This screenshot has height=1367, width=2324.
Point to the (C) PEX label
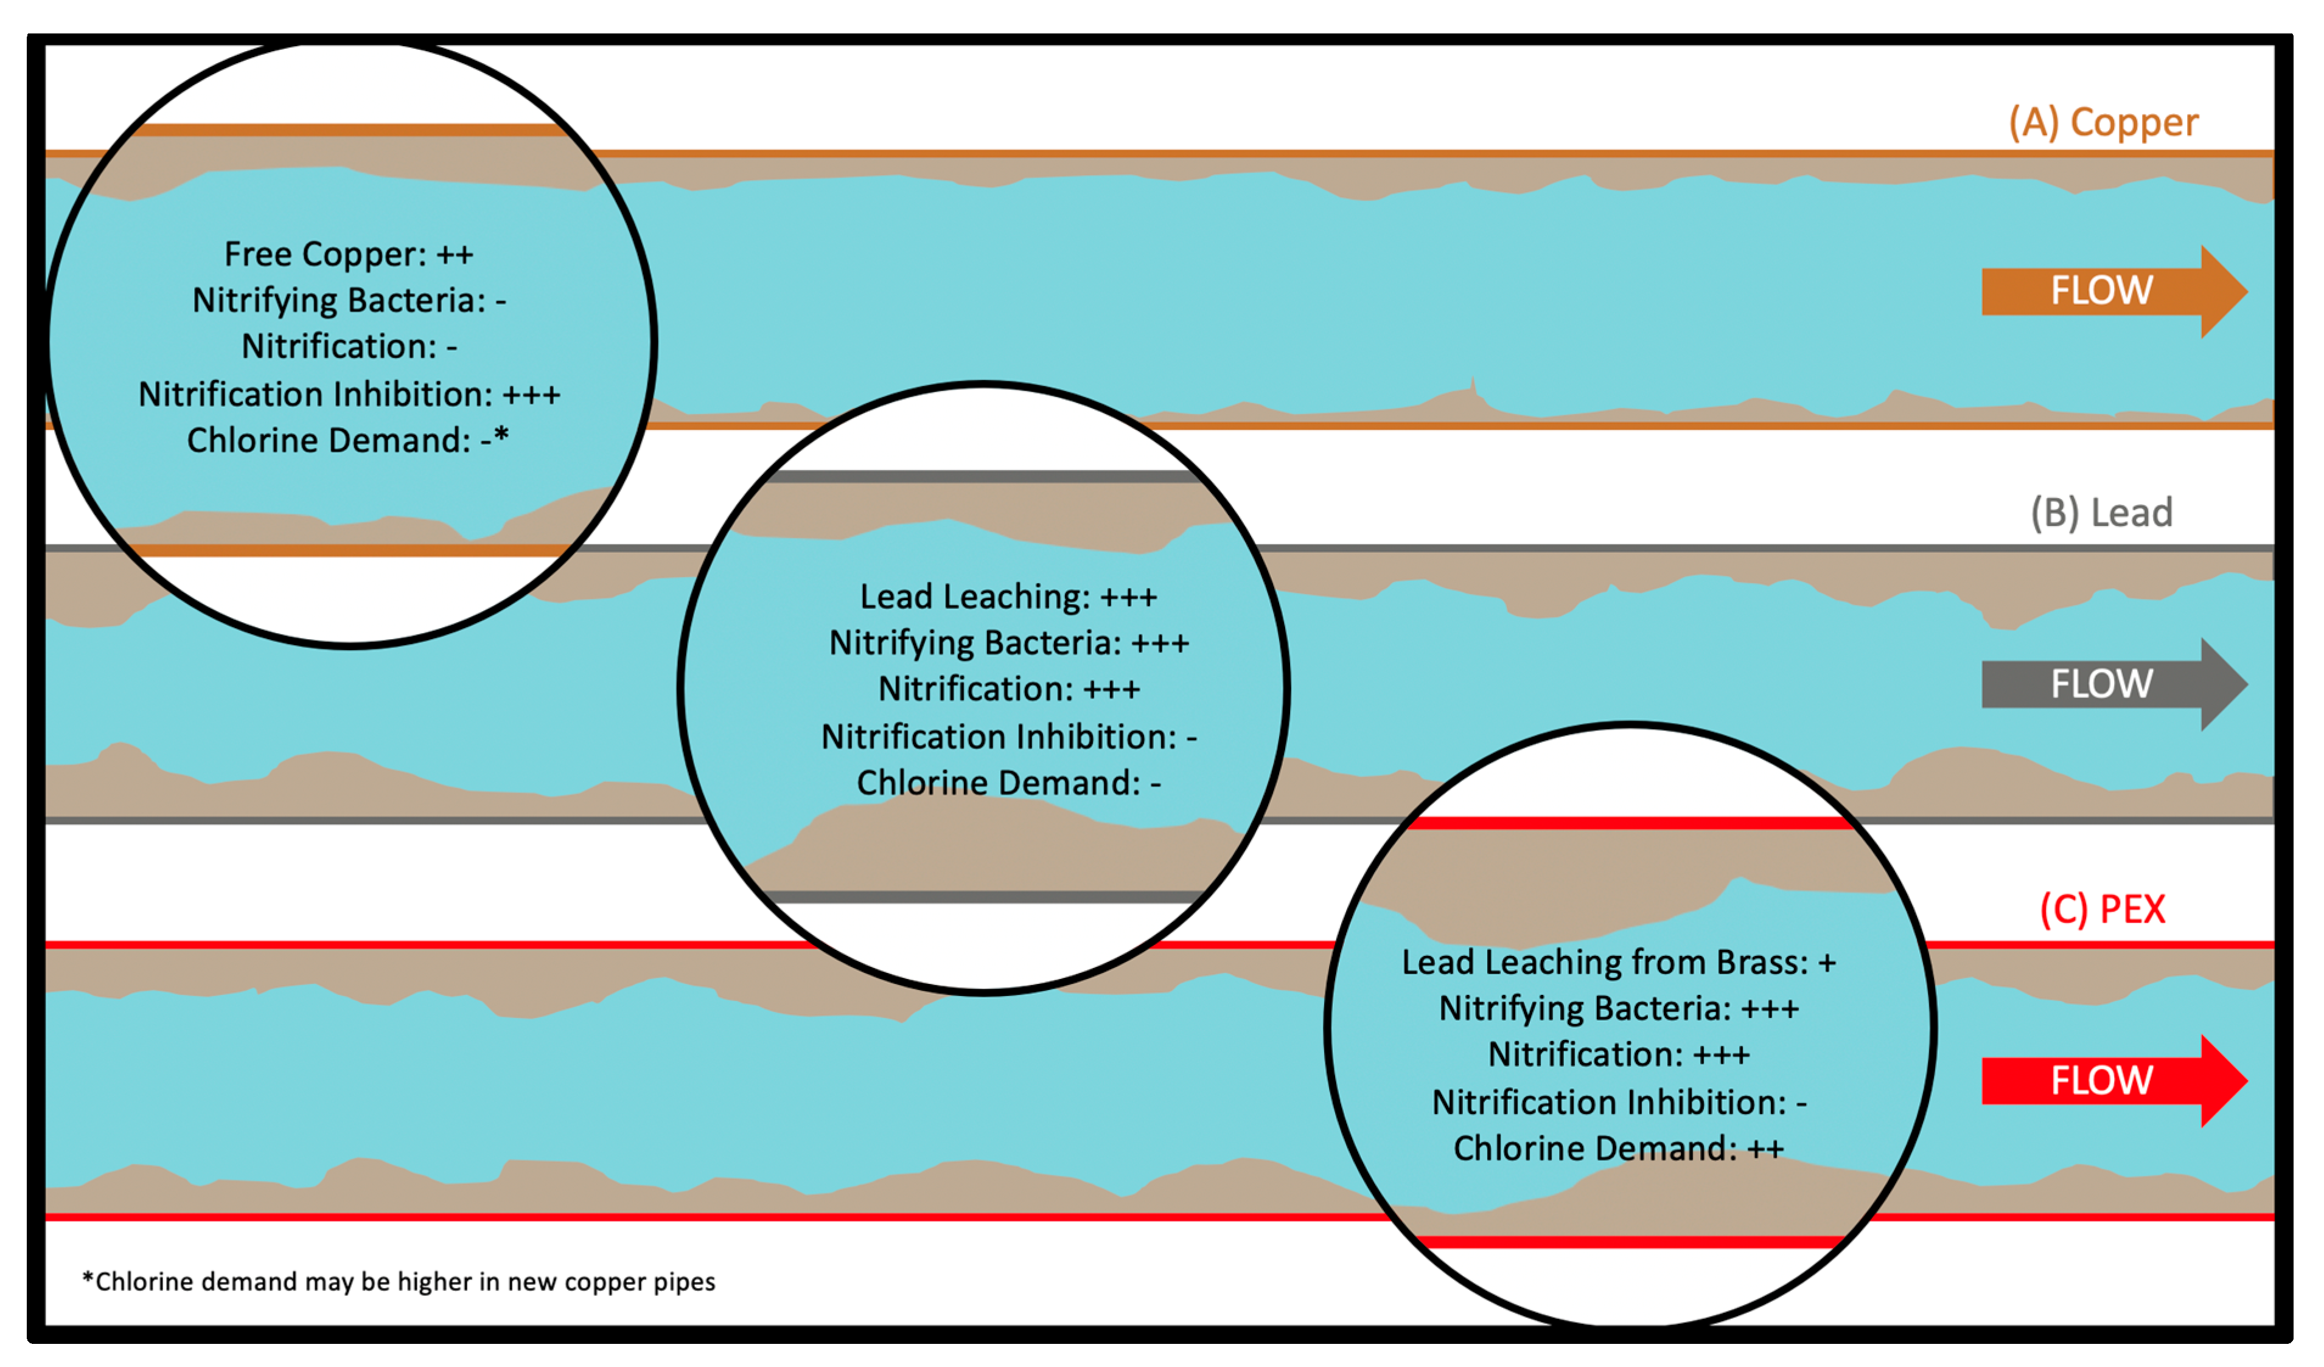[x=2102, y=910]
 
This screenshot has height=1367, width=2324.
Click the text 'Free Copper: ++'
[x=349, y=254]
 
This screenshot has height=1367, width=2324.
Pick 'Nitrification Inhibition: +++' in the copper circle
[x=349, y=395]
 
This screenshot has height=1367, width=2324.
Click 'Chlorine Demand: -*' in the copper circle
[x=347, y=441]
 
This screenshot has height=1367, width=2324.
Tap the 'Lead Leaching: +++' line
[x=1008, y=597]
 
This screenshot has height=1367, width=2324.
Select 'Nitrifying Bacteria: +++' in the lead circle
[x=1009, y=643]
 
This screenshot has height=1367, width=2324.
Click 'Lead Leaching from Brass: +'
[x=1619, y=963]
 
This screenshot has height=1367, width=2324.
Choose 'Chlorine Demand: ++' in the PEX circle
[x=1619, y=1149]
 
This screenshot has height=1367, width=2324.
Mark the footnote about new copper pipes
[x=399, y=1282]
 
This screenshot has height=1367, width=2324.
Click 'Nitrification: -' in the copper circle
[x=349, y=347]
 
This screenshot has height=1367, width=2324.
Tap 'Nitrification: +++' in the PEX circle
[x=1619, y=1054]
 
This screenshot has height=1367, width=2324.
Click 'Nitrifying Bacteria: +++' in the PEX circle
[x=1619, y=1008]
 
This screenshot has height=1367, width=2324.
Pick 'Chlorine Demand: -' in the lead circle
[x=1009, y=783]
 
